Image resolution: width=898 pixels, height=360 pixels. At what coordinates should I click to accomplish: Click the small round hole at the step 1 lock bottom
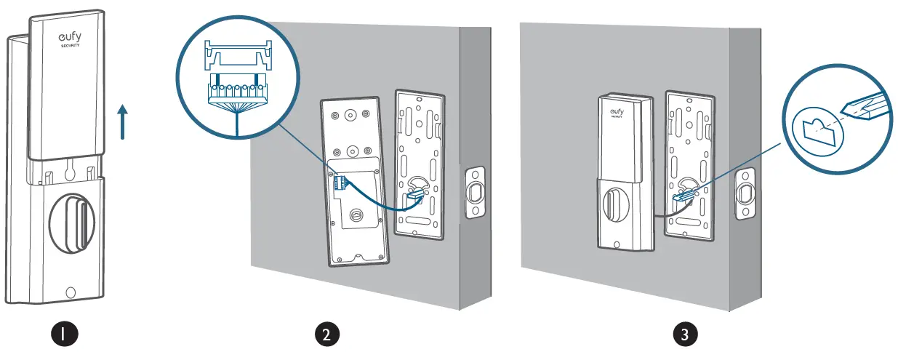pyautogui.click(x=70, y=293)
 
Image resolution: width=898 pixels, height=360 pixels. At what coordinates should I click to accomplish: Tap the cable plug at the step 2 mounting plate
pyautogui.click(x=413, y=194)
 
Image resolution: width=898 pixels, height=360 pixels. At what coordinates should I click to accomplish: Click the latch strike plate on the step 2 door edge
pyautogui.click(x=475, y=193)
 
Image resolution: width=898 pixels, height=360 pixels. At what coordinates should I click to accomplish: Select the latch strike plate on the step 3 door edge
pyautogui.click(x=745, y=193)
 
